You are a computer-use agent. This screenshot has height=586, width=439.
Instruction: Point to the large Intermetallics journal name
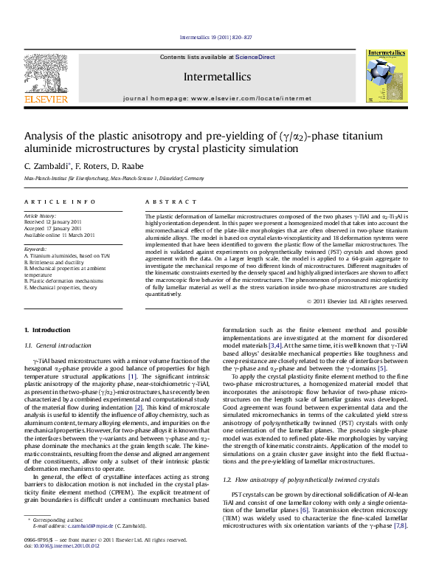218,75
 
